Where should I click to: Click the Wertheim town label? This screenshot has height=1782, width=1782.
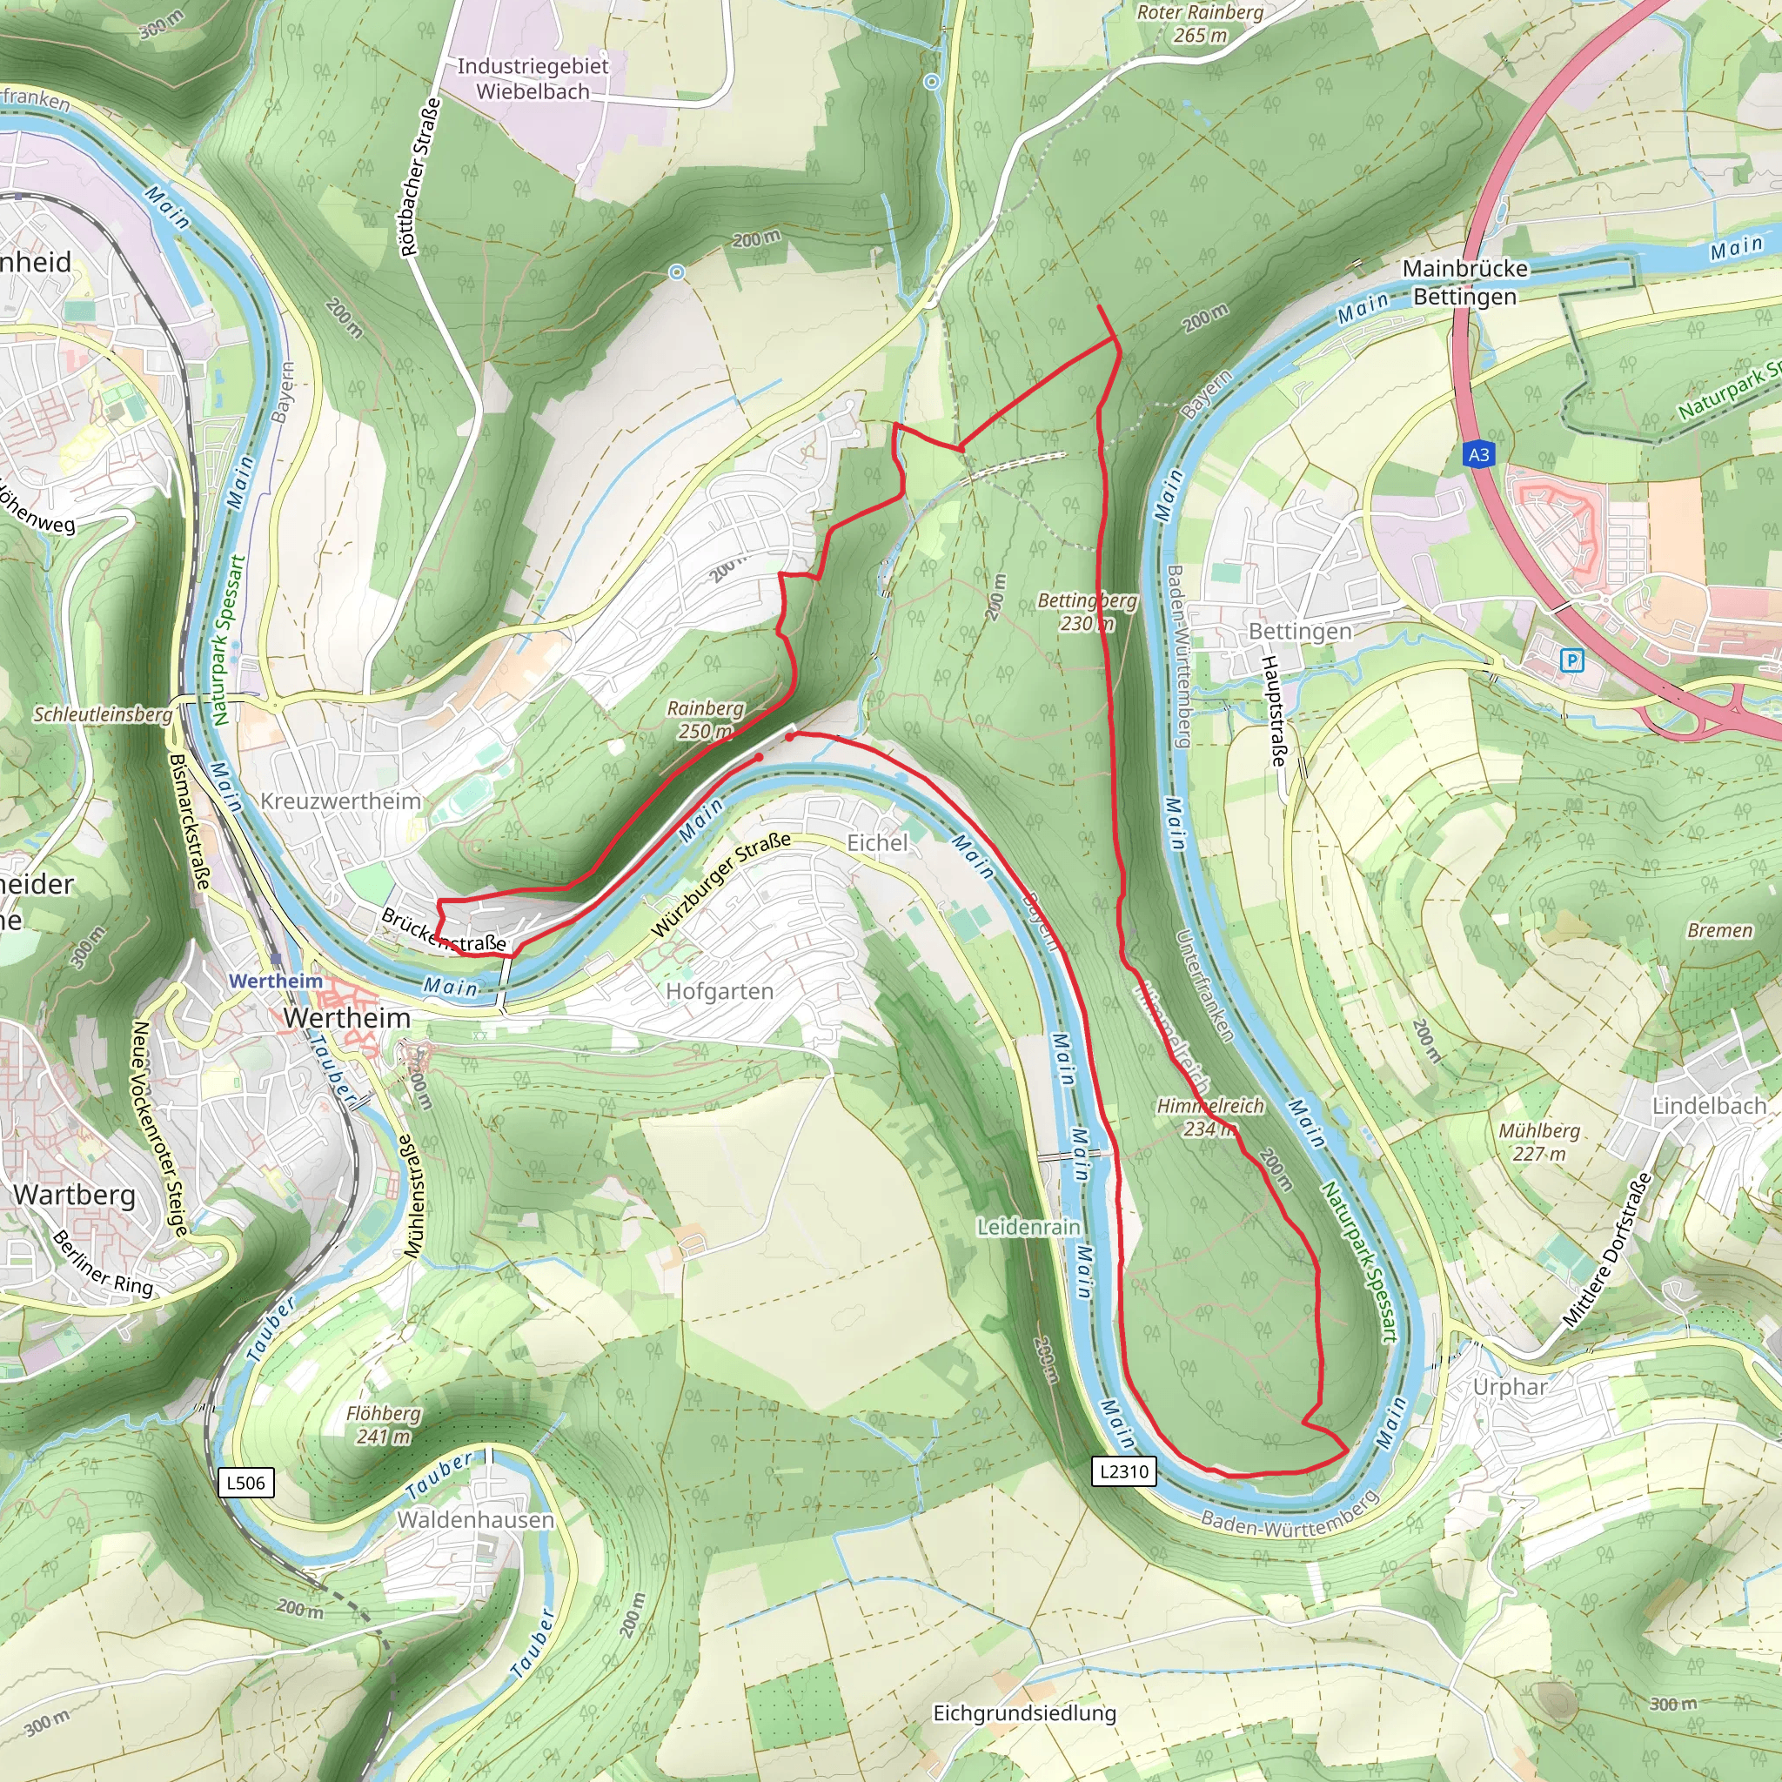coord(346,1017)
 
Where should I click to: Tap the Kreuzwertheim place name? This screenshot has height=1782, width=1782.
coord(340,801)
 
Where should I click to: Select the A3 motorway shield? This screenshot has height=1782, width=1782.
coord(1478,454)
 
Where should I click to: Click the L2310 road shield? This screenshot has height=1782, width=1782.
coord(1124,1471)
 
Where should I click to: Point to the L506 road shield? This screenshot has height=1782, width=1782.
coord(245,1484)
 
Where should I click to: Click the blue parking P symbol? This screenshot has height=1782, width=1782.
coord(1571,660)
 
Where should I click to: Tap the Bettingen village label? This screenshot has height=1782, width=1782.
coord(1300,631)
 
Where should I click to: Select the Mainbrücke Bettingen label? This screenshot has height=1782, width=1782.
coord(1464,282)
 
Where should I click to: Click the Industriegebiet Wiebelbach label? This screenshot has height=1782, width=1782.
coord(533,78)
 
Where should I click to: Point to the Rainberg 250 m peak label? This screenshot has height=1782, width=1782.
coord(706,720)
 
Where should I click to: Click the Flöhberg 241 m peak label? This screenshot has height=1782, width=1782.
coord(383,1424)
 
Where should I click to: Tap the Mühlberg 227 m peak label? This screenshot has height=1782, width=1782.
coord(1539,1142)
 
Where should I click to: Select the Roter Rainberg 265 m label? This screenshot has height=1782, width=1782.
coord(1199,23)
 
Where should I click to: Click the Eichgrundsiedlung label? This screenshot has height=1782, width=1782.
coord(1024,1712)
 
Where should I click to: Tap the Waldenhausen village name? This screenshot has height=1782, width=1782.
coord(475,1519)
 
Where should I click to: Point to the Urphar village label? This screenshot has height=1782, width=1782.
coord(1510,1386)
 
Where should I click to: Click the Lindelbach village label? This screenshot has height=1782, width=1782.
coord(1708,1105)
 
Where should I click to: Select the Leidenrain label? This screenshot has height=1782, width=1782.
coord(1028,1227)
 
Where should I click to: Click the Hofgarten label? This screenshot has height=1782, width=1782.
coord(720,992)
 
